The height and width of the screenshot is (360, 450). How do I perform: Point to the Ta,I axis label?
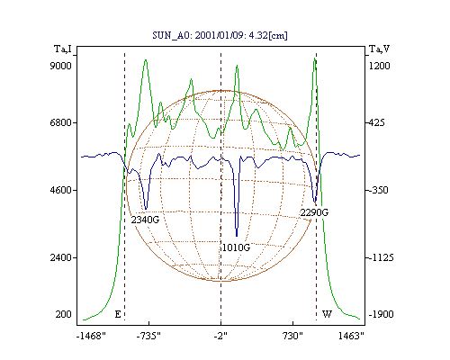(x=63, y=49)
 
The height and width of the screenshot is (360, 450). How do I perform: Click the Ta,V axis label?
(x=379, y=49)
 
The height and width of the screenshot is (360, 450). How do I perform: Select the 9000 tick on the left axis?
(x=60, y=66)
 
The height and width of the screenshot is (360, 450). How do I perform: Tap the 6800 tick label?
(x=60, y=122)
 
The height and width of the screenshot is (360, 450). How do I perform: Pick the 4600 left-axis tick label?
(x=60, y=190)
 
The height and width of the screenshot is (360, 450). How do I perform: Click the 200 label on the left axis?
(x=63, y=314)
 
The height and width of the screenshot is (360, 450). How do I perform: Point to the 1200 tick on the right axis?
(x=379, y=66)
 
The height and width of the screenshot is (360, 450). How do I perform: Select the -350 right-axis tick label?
(x=378, y=190)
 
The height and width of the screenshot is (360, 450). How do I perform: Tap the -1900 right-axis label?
(x=381, y=314)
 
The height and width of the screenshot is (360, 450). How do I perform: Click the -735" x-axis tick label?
(x=148, y=337)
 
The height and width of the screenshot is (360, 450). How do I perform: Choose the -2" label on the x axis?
(x=220, y=337)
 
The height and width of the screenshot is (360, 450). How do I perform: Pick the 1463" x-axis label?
(x=351, y=337)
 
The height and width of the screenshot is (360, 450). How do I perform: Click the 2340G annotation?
(x=145, y=220)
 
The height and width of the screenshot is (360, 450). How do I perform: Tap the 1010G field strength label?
(x=236, y=247)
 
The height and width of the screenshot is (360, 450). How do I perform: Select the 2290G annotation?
(x=314, y=212)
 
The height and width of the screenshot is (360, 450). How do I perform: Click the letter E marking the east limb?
(x=118, y=314)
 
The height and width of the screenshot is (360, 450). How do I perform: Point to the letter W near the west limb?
(x=327, y=314)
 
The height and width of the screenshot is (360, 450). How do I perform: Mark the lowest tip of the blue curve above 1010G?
(x=237, y=237)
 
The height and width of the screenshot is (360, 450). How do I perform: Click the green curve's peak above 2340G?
(x=146, y=59)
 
